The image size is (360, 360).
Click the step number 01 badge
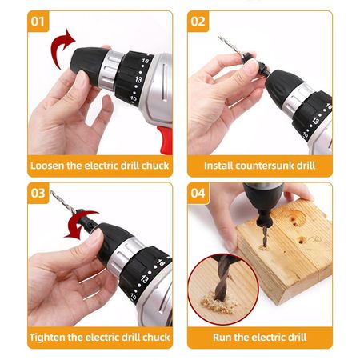point(38,22)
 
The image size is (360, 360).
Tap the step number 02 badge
point(198,22)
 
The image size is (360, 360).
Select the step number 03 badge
point(38,193)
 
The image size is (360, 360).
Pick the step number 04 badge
point(198,193)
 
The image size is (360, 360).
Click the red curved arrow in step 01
point(58,46)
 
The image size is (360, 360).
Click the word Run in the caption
point(222,338)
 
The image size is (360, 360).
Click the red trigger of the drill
point(166,140)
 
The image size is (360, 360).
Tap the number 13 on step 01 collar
point(138,79)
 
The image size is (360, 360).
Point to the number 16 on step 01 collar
point(145,61)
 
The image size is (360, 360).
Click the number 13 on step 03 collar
point(145,279)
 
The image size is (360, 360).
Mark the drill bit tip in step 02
point(219,36)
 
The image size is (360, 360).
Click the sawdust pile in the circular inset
point(218,304)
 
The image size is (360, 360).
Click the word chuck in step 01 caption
point(155,166)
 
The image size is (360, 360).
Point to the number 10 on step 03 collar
point(134,297)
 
